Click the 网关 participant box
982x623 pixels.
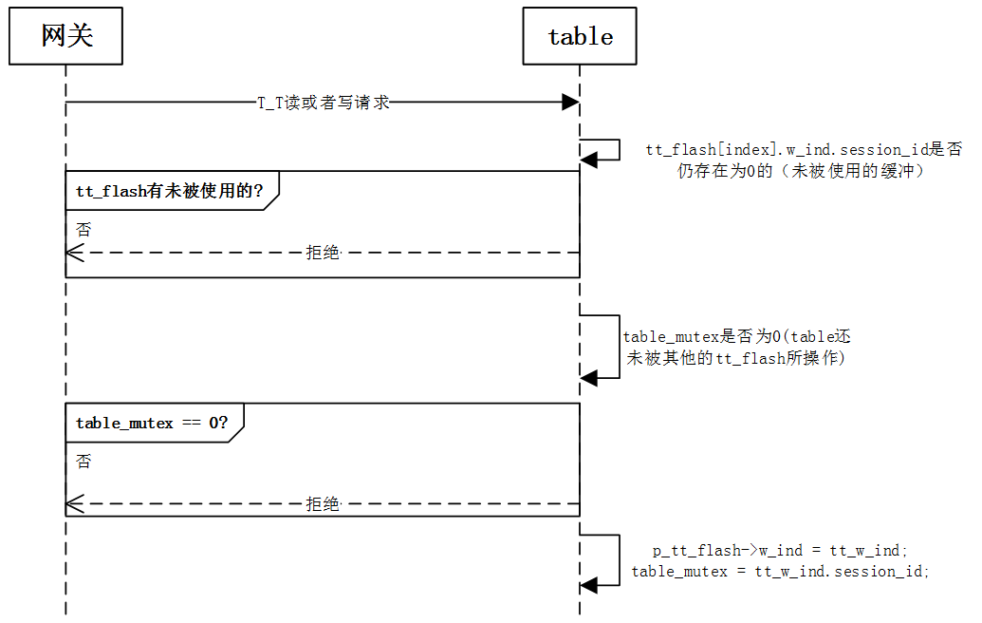point(66,37)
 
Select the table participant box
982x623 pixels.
point(580,37)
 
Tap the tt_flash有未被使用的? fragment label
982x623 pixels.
point(169,191)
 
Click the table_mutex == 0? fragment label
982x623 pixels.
point(152,423)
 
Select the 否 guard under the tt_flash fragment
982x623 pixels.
point(83,230)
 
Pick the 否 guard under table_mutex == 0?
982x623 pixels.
point(83,462)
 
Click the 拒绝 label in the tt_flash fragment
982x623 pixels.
point(323,253)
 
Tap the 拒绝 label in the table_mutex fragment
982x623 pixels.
point(323,503)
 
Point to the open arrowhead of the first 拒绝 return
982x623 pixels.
point(74,253)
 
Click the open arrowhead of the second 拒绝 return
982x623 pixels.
point(74,503)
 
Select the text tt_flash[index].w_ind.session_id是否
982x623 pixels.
point(804,150)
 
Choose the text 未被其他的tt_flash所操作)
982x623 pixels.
point(734,359)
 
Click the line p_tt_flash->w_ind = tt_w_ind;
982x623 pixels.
point(781,550)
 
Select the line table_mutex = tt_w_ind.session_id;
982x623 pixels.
point(781,571)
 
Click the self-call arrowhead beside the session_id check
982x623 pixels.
point(589,160)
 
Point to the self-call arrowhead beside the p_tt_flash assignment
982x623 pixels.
point(589,585)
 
